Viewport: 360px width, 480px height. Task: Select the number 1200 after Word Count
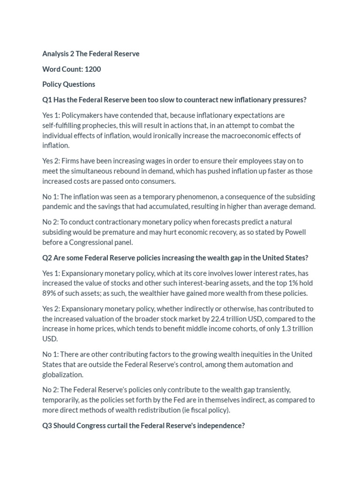pos(93,69)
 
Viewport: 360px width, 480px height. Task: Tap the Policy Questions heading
pos(68,84)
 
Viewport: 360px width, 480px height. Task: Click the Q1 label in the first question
pos(47,100)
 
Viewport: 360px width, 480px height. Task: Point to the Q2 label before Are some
pos(47,258)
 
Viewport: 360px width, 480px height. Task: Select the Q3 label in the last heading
pos(47,426)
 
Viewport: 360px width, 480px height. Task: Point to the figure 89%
pos(49,293)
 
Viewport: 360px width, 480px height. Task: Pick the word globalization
pos(63,375)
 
